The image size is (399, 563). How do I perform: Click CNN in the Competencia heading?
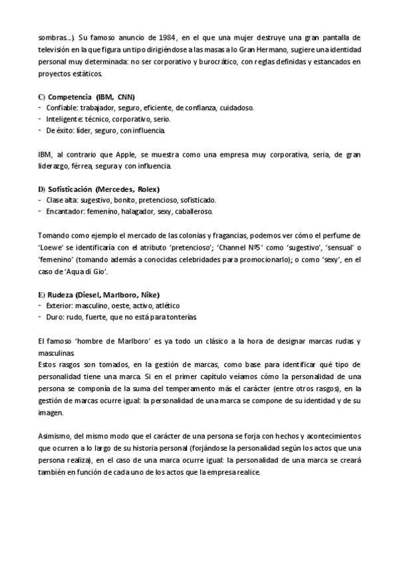coord(126,96)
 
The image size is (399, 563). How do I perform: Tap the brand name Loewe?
coord(51,247)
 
